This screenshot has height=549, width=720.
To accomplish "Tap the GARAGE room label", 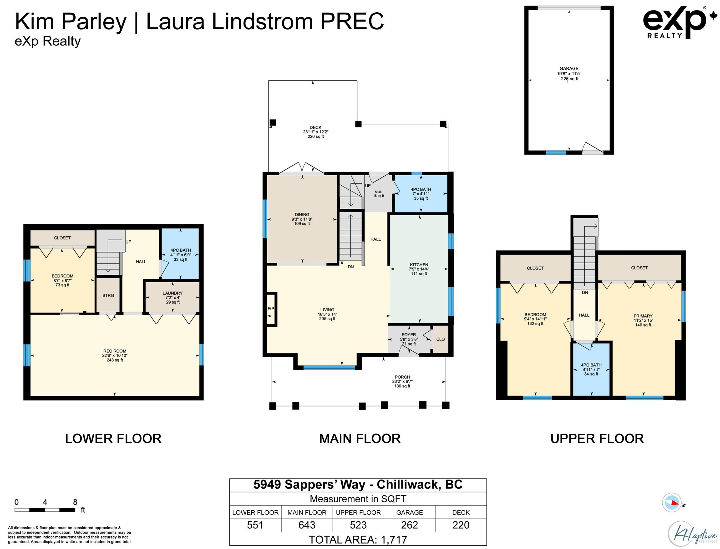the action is [569, 69].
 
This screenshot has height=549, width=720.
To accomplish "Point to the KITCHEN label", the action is [419, 265].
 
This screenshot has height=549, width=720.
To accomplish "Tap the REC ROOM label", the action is [115, 351].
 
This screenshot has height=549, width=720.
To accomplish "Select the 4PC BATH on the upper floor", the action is [591, 370].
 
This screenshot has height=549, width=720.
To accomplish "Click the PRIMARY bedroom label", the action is [643, 316].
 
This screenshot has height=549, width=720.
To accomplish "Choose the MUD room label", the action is [378, 192].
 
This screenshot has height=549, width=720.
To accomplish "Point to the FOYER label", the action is [409, 335].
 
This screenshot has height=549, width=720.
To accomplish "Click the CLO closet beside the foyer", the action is [440, 339].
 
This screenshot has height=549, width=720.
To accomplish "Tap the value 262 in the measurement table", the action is [409, 525].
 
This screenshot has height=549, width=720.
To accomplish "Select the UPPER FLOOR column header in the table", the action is [358, 512].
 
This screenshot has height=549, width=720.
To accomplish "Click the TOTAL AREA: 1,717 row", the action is [358, 539].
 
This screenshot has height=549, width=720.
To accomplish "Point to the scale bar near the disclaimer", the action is [45, 510].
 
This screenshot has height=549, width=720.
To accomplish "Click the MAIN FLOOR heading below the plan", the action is [360, 438].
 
